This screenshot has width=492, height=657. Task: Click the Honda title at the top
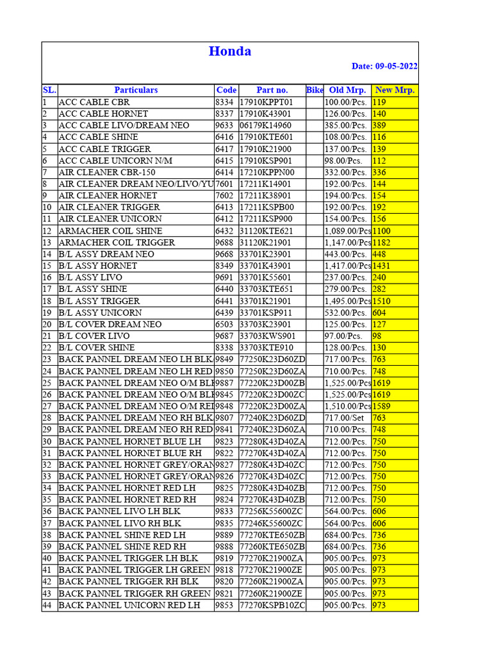(x=229, y=51)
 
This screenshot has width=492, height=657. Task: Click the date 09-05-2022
(x=384, y=67)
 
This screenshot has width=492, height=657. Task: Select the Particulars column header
(x=136, y=90)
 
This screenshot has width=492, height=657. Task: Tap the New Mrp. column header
(x=395, y=90)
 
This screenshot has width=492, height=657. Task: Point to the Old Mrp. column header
(x=347, y=90)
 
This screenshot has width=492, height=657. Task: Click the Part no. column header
(x=272, y=90)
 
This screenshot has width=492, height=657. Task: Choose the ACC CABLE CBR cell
(x=94, y=102)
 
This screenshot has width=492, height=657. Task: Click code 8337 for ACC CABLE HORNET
(x=225, y=114)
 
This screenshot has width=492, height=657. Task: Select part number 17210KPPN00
(x=266, y=172)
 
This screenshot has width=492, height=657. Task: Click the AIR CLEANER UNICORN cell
(x=110, y=219)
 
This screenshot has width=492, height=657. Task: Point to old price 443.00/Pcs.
(x=346, y=254)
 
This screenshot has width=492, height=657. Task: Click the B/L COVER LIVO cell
(x=94, y=336)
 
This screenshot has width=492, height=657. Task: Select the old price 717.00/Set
(x=345, y=418)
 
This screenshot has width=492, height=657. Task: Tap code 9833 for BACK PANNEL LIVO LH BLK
(x=225, y=511)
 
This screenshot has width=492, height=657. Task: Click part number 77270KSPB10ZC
(x=272, y=605)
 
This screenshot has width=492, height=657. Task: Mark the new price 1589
(x=383, y=406)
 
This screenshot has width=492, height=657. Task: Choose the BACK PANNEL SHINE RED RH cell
(x=122, y=547)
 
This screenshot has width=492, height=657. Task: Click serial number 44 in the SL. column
(x=47, y=605)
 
